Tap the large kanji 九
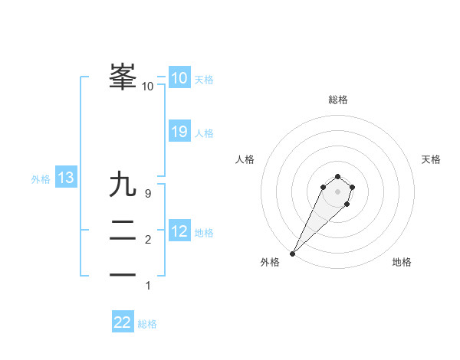(123, 185)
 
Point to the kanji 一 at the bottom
(123, 274)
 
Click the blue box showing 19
(179, 132)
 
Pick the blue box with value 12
(179, 231)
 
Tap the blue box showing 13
(65, 178)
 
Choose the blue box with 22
(123, 322)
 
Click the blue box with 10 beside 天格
(179, 78)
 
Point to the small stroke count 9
(148, 195)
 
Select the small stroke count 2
(148, 241)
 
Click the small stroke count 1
(148, 286)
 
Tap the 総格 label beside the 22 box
(147, 324)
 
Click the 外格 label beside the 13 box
(41, 179)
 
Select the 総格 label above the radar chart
(338, 100)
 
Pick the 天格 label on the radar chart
(431, 159)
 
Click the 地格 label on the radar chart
(402, 262)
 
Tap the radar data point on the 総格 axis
(337, 175)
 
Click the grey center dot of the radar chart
(337, 191)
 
